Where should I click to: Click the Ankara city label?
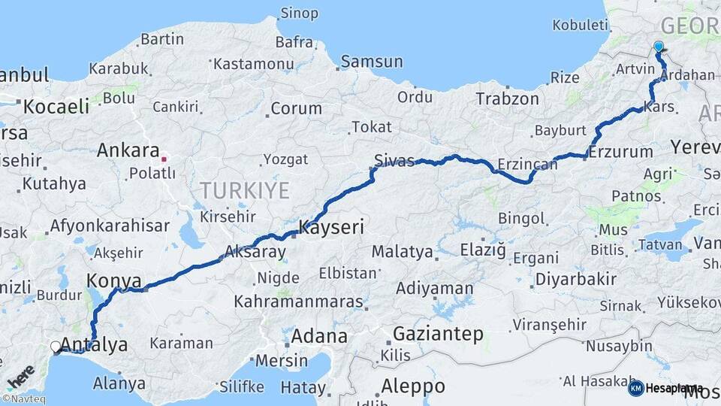(x=128, y=150)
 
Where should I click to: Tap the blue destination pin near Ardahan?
(x=659, y=47)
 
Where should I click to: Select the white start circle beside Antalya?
(x=56, y=347)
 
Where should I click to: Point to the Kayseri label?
(x=331, y=226)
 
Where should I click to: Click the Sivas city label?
(x=394, y=159)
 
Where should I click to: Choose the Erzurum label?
(x=620, y=152)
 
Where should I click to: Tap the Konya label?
(x=113, y=280)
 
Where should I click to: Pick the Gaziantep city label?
(x=438, y=333)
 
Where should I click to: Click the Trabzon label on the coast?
(x=508, y=98)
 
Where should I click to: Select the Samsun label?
(x=371, y=62)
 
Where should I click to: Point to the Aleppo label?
(x=412, y=386)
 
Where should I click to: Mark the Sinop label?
(x=299, y=14)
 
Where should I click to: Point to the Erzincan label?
(x=528, y=164)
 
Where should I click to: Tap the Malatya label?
(x=403, y=251)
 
